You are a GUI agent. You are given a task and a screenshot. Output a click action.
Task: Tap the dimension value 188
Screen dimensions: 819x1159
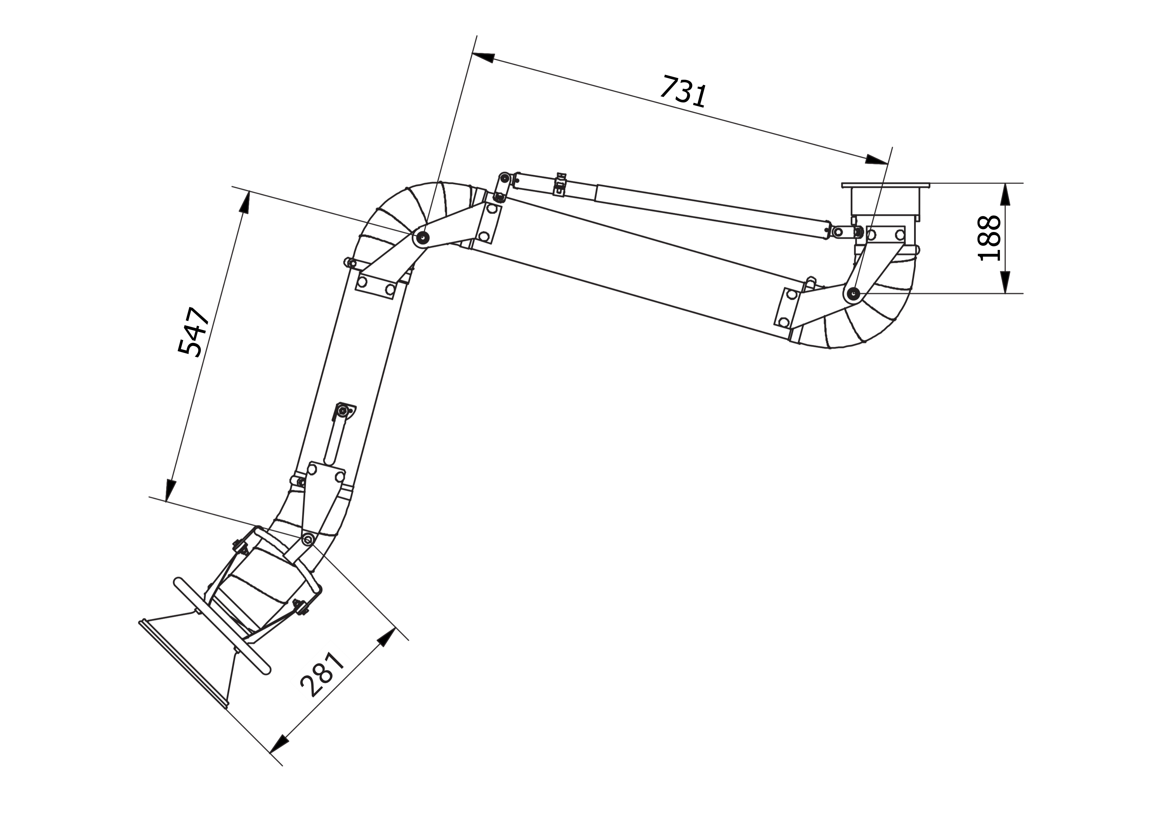point(988,238)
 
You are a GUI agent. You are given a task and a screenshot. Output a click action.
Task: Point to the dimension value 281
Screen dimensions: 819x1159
point(322,675)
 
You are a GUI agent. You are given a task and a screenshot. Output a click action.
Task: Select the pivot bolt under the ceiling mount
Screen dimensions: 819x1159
point(853,293)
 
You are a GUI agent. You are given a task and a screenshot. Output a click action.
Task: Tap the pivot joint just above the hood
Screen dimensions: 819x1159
point(307,540)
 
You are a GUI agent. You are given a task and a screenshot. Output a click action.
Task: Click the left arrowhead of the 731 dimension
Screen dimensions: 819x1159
point(484,57)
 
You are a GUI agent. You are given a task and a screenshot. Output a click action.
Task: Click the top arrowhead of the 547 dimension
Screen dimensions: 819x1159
point(245,203)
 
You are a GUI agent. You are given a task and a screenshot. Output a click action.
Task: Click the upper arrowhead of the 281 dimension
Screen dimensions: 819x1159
point(387,637)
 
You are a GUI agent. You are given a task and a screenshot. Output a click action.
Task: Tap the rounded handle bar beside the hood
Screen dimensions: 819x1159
point(222,626)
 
